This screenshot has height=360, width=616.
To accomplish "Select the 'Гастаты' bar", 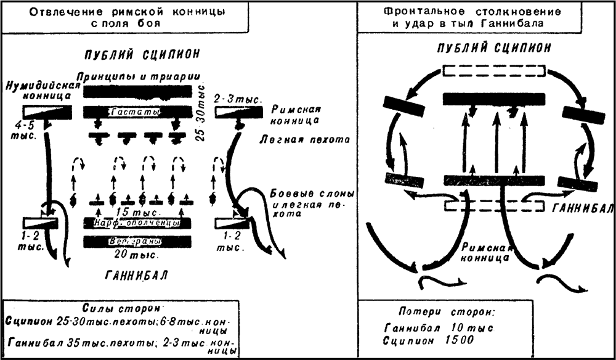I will pyautogui.click(x=137, y=112).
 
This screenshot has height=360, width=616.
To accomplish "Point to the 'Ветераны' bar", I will pyautogui.click(x=137, y=241).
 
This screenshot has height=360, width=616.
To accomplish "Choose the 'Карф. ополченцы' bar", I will pyautogui.click(x=137, y=223).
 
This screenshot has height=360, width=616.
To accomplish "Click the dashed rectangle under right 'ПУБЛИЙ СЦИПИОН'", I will pyautogui.click(x=493, y=72).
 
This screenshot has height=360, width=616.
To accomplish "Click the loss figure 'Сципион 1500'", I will pyautogui.click(x=426, y=340).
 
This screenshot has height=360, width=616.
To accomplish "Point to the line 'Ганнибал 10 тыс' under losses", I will pyautogui.click(x=438, y=327).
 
